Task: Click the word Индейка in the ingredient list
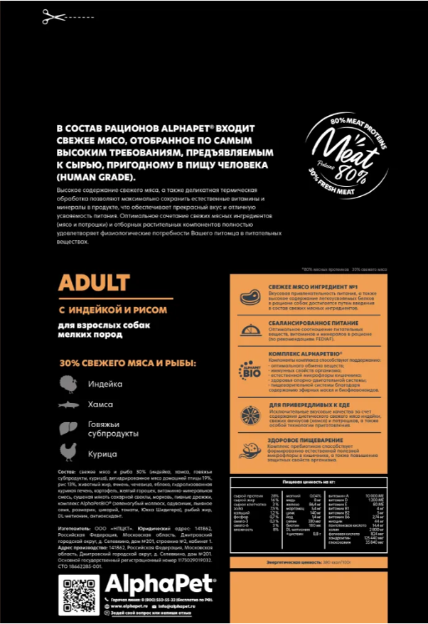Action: click(105, 384)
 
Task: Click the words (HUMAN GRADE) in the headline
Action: click(94, 176)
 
